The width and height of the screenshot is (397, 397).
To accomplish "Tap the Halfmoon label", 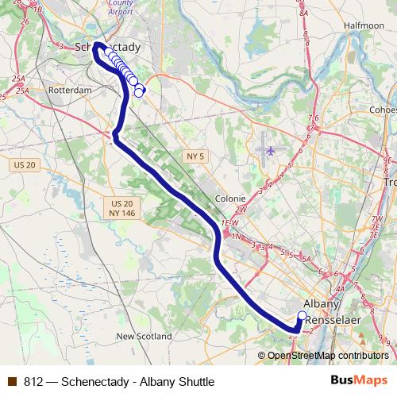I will pos(364,25).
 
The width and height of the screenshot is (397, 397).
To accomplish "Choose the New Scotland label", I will pos(144,337).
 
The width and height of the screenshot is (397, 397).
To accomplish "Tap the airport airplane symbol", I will pos(272,148).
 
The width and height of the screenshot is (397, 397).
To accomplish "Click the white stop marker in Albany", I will pos(302,317).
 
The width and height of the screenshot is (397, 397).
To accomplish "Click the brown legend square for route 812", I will pos(11,381).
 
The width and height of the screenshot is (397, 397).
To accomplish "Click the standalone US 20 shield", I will pos(25,164).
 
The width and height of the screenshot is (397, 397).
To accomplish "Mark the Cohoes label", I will pos(384,109).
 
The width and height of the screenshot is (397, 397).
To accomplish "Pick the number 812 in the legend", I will pos(33,381).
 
